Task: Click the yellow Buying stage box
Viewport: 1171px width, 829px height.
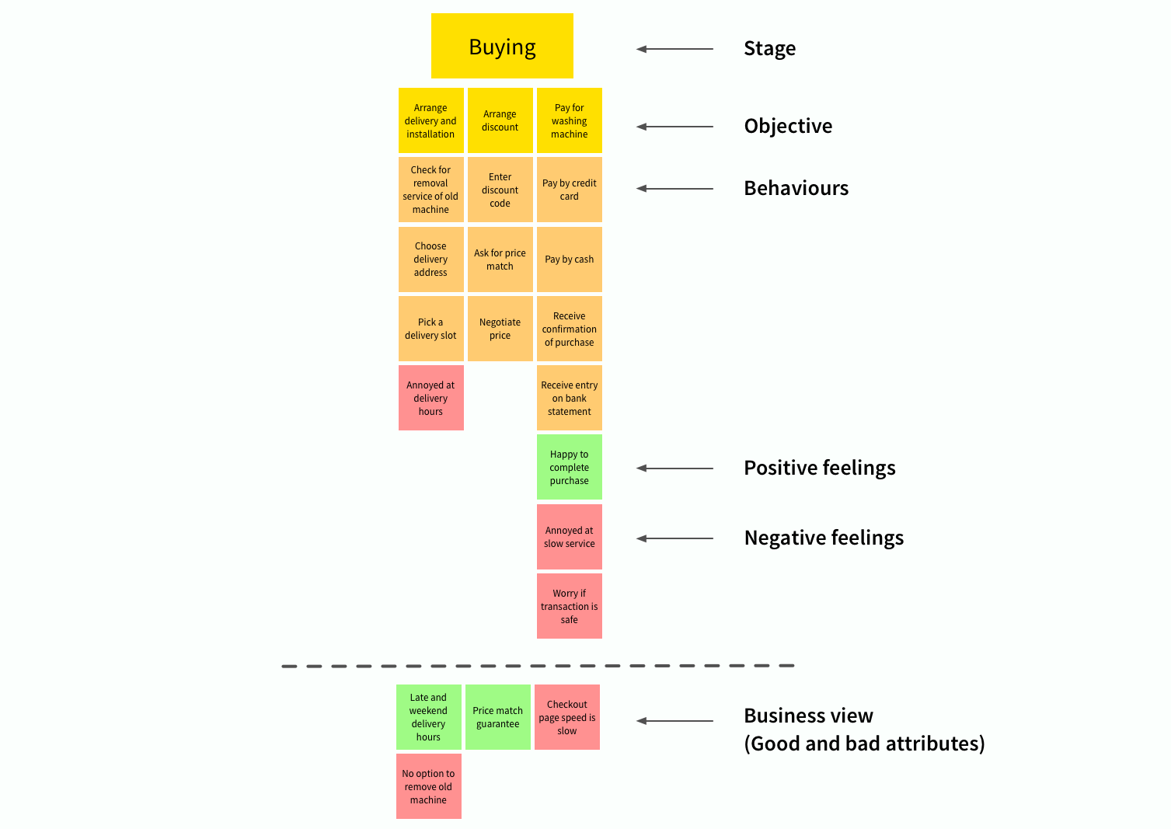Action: coord(502,46)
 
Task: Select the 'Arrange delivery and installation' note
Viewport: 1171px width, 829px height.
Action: coord(430,120)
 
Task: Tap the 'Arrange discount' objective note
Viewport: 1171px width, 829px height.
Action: coord(500,120)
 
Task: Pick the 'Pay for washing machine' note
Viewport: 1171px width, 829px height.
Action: coord(569,120)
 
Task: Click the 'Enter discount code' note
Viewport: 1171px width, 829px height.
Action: coord(500,190)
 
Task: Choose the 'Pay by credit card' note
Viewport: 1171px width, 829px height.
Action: coord(569,190)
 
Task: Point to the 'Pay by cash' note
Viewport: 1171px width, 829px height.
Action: coord(569,259)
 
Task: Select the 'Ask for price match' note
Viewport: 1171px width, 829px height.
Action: coord(500,259)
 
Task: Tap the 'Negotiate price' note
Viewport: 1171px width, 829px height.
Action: coord(500,329)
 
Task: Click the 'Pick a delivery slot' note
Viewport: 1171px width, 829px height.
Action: coord(430,329)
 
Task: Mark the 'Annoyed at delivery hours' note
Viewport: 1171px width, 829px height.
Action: coord(430,398)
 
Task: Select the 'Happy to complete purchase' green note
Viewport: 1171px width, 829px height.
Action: coord(569,467)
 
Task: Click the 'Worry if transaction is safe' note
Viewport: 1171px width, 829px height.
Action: coord(569,606)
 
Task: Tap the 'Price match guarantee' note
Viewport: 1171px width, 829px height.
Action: coord(497,717)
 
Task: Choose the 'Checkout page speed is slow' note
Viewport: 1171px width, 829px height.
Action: coord(566,717)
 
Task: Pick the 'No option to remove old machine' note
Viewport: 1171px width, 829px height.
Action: coord(428,786)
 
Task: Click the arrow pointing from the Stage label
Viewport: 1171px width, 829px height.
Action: coord(674,49)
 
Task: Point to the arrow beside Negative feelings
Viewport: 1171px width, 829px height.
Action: coord(674,538)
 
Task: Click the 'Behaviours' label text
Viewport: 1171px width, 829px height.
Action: coord(796,188)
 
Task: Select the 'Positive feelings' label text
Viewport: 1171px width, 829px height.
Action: coord(819,468)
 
